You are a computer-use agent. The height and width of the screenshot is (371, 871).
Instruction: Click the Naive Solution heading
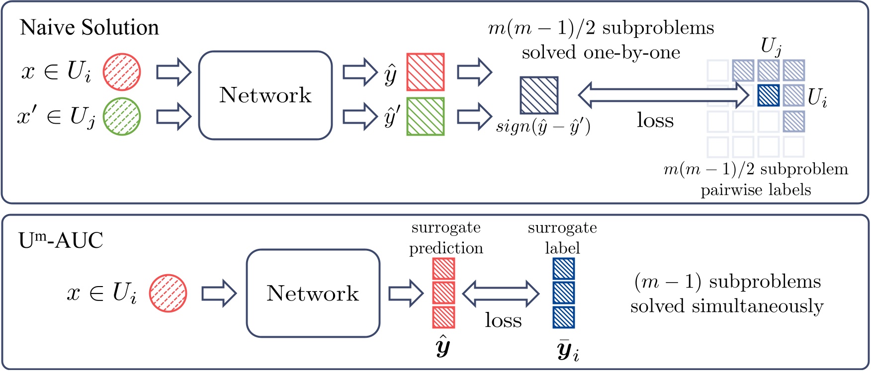point(89,27)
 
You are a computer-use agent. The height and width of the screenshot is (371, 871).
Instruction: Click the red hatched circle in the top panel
point(122,72)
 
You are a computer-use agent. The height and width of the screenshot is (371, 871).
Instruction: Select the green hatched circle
point(122,117)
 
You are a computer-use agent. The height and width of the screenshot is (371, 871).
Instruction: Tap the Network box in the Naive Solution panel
point(265,95)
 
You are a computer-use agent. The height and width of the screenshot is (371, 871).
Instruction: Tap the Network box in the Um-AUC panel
point(313,294)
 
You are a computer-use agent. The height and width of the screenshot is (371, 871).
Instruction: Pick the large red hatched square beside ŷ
point(426,72)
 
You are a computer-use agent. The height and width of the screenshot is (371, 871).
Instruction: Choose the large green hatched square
point(426,117)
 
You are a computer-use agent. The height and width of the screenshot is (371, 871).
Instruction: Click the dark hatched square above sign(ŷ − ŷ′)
point(539,95)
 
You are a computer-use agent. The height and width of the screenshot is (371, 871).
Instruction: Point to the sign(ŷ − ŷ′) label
point(543,127)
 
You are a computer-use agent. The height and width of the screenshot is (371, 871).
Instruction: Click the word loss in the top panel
point(655,121)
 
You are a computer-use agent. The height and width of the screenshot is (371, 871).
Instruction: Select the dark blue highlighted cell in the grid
point(768,95)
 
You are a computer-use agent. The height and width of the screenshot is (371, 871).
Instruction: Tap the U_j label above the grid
point(771,47)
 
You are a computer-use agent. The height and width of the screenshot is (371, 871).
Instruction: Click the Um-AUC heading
point(61,241)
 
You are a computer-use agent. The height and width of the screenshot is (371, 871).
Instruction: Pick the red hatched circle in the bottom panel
point(168,293)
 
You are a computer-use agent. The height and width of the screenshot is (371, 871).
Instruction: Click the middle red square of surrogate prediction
point(443,293)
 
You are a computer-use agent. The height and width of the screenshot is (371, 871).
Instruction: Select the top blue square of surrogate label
point(564,269)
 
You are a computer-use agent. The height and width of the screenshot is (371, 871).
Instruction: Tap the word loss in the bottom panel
point(503,320)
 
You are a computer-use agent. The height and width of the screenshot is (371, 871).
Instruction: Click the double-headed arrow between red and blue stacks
point(501,293)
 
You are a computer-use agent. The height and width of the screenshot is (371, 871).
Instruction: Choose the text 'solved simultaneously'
point(727,306)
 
